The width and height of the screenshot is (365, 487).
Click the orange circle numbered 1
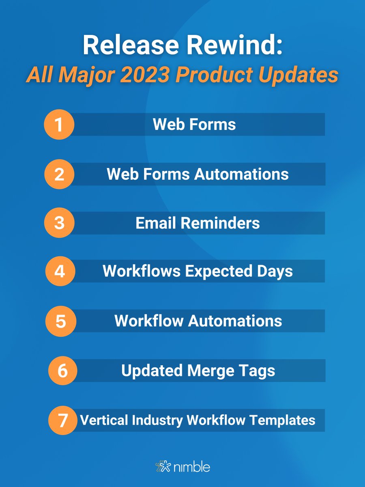[x=59, y=124]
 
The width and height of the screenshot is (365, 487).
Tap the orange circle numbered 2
[x=59, y=174]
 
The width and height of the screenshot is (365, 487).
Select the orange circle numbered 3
[x=59, y=223]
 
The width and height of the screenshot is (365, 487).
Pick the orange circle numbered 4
[x=59, y=271]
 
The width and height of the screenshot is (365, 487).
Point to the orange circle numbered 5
[x=60, y=321]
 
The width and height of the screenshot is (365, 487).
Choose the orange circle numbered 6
[x=62, y=371]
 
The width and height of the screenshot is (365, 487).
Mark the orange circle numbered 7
[x=62, y=420]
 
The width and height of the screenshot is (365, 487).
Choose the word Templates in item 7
[x=286, y=420]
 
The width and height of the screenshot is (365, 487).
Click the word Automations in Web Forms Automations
[x=241, y=174]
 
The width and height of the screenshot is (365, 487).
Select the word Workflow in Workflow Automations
[x=148, y=321]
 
